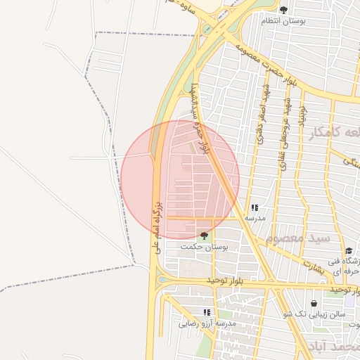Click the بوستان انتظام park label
pos(285,21)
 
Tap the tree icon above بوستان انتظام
pos(283,10)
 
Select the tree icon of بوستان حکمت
pos(204,236)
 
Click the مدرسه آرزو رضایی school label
pos(206,323)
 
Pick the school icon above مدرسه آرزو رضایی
pos(207,312)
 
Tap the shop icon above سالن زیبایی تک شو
pos(314,304)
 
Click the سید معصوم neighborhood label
pos(303,239)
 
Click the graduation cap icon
pos(349,251)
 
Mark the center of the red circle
pos(180,180)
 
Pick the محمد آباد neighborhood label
pos(333,347)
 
